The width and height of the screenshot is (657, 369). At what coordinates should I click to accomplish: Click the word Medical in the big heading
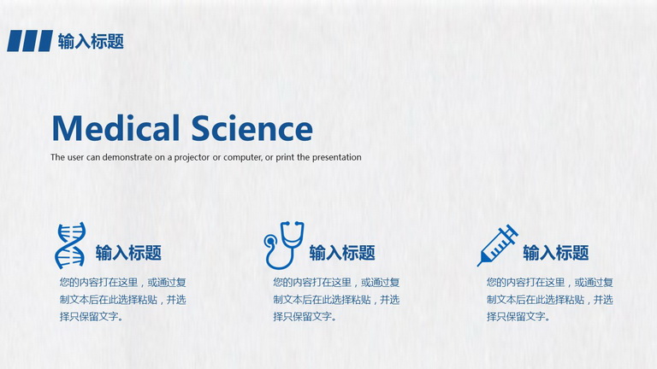pyautogui.click(x=115, y=127)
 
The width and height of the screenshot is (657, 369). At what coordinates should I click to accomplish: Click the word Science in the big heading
pyautogui.click(x=252, y=127)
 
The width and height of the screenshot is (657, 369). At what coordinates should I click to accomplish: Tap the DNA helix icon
pyautogui.click(x=70, y=245)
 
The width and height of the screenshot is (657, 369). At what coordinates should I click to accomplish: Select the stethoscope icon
pyautogui.click(x=284, y=245)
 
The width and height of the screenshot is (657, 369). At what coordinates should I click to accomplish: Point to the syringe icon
pyautogui.click(x=497, y=245)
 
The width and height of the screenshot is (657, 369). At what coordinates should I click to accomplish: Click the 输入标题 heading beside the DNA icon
pyautogui.click(x=128, y=253)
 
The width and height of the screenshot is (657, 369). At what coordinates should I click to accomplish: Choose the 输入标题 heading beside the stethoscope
pyautogui.click(x=342, y=253)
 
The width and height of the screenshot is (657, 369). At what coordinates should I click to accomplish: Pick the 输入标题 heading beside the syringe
pyautogui.click(x=556, y=253)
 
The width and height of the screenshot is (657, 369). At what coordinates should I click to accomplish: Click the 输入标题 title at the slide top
pyautogui.click(x=91, y=41)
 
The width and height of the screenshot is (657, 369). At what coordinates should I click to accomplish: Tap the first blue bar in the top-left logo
pyautogui.click(x=15, y=41)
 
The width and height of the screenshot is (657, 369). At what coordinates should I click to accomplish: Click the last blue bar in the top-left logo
pyautogui.click(x=44, y=41)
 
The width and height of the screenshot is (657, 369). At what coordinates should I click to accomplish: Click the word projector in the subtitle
pyautogui.click(x=192, y=158)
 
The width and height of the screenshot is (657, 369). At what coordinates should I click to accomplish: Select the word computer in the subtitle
pyautogui.click(x=242, y=158)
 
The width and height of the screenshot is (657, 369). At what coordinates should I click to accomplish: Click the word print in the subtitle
pyautogui.click(x=285, y=158)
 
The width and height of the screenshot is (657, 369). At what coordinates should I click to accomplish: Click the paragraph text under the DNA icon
pyautogui.click(x=123, y=300)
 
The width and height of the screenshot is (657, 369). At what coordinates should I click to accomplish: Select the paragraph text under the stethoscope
pyautogui.click(x=336, y=300)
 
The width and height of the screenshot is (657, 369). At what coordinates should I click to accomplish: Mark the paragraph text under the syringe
pyautogui.click(x=550, y=300)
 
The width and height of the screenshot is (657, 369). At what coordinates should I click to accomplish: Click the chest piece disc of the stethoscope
pyautogui.click(x=270, y=242)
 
